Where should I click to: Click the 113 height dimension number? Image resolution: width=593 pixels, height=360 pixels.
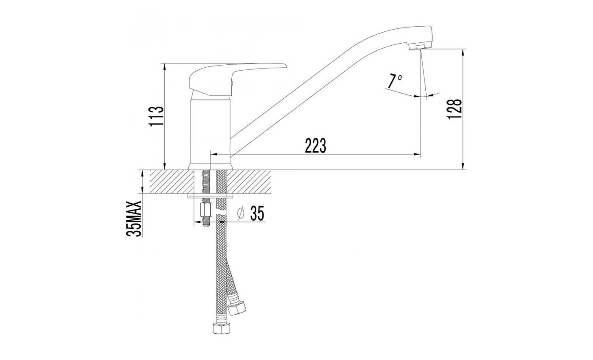click(x=156, y=116)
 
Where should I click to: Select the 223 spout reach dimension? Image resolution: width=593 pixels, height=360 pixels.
click(x=315, y=146)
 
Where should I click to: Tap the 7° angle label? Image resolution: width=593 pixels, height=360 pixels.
click(x=395, y=81)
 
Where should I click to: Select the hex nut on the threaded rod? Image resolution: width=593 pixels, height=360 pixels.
click(x=206, y=210)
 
